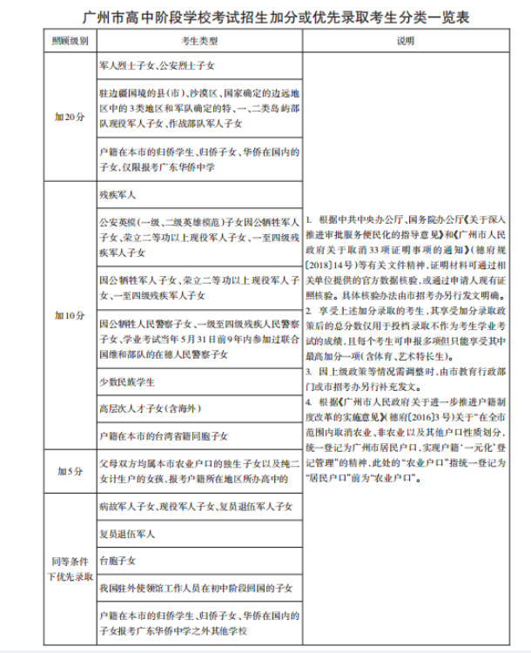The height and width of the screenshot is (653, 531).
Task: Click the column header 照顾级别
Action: pyautogui.click(x=69, y=41)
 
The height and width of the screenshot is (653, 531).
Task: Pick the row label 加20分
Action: pyautogui.click(x=69, y=116)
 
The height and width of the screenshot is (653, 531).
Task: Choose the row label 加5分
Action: pyautogui.click(x=69, y=471)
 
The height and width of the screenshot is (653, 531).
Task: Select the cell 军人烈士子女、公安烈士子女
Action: pyautogui.click(x=157, y=64)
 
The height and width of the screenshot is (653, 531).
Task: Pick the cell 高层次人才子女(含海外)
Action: pyautogui.click(x=145, y=407)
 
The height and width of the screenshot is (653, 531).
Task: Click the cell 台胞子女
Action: pyautogui.click(x=118, y=561)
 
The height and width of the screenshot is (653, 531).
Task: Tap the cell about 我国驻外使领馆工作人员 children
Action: pyautogui.click(x=195, y=589)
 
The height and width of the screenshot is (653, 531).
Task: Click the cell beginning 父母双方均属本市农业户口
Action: pyautogui.click(x=199, y=471)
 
